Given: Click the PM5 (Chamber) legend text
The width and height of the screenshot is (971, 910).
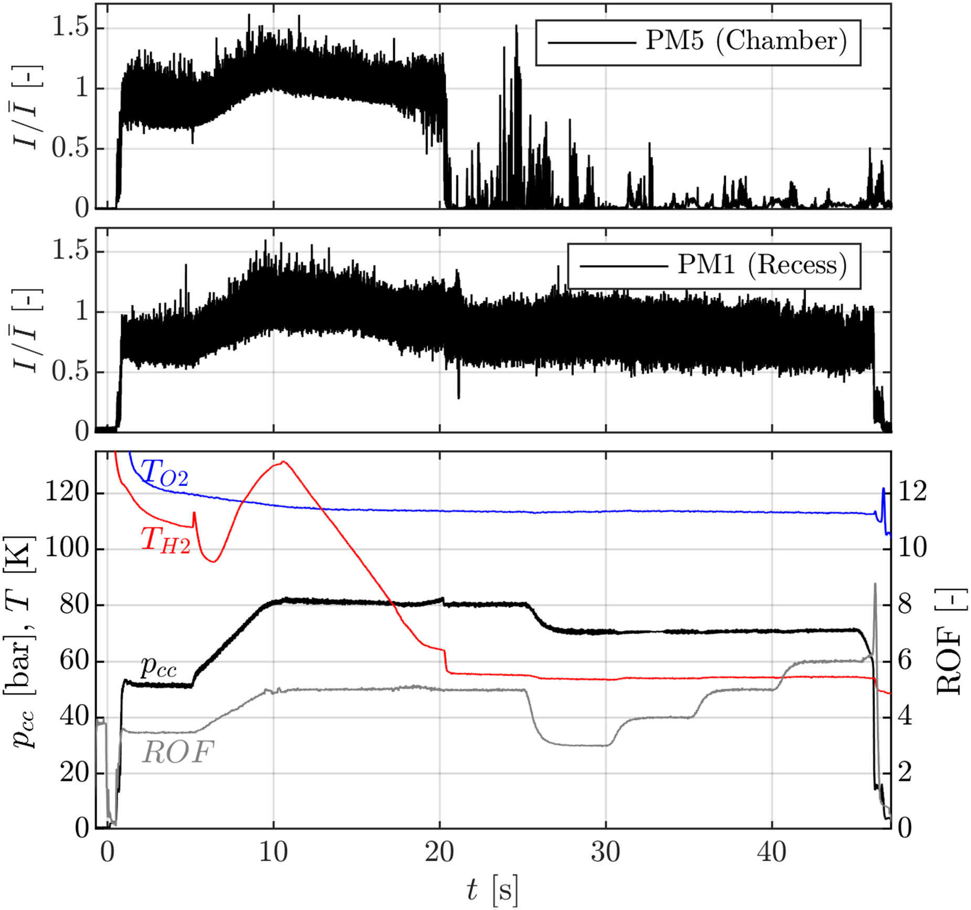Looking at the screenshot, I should coord(746,41).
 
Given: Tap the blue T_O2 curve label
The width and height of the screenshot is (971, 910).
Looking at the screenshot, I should coord(164,472).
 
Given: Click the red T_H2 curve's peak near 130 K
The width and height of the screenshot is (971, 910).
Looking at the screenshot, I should coord(283,462).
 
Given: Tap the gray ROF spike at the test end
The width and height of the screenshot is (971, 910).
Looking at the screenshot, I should coord(875,584).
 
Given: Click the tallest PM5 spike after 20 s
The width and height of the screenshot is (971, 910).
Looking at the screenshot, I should coord(516,26).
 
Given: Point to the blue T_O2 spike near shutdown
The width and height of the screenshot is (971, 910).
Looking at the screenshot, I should coord(883,489).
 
